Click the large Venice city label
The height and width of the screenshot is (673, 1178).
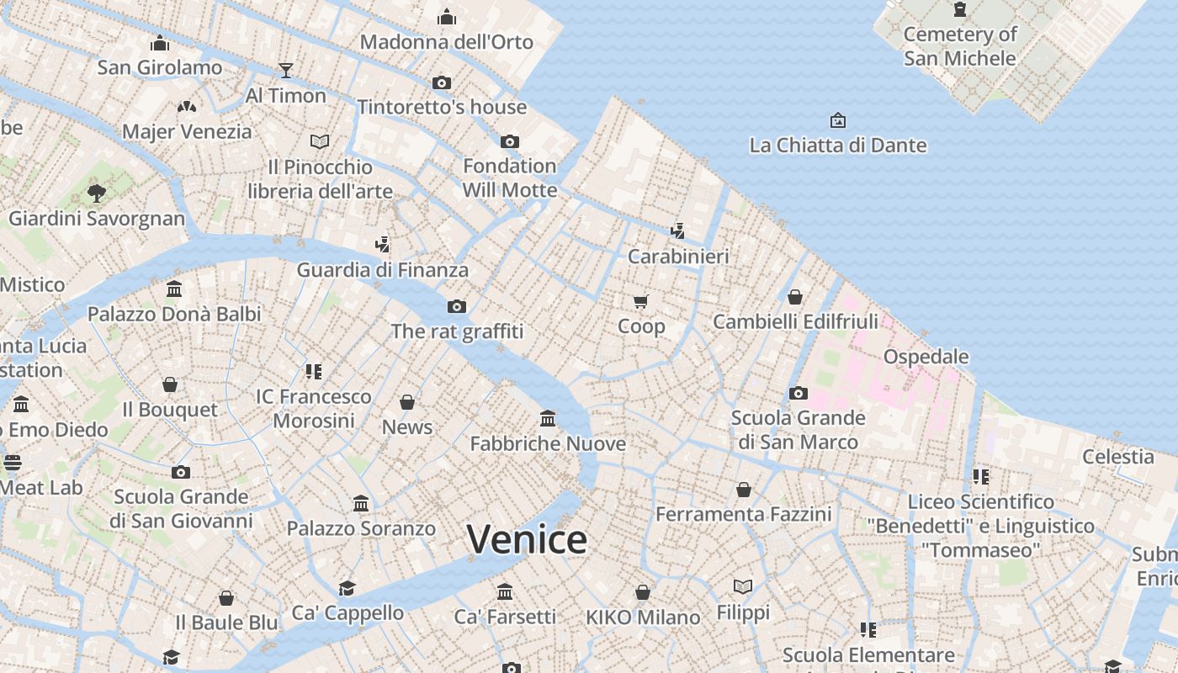tap(527, 539)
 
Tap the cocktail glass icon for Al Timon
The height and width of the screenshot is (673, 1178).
tap(286, 70)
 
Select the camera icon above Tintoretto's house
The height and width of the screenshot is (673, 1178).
tap(442, 82)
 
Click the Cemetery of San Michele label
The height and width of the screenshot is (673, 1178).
tap(960, 46)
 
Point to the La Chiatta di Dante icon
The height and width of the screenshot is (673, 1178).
tap(837, 120)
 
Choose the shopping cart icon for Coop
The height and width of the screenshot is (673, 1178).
tap(641, 301)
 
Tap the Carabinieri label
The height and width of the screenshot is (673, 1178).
tap(678, 257)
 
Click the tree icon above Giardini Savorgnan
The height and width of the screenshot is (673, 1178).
tap(97, 193)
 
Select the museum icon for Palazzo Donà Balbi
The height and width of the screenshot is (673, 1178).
tap(174, 289)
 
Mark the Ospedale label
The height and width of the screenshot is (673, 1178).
tap(926, 357)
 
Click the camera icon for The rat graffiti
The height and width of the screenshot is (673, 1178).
tap(457, 306)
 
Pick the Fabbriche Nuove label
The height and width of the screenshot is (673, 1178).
tap(548, 443)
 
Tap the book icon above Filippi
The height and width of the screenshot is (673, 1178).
tap(743, 586)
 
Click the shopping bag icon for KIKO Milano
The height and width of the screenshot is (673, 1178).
tap(643, 592)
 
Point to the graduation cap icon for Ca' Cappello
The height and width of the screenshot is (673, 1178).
tap(347, 587)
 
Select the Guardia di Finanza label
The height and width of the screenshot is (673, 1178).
tap(382, 270)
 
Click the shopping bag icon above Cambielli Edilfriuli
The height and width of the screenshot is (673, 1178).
tap(795, 297)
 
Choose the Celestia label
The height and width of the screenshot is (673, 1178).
tap(1118, 457)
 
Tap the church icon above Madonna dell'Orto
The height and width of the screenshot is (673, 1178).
tap(447, 17)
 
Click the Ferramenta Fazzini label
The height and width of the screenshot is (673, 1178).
tap(744, 514)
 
